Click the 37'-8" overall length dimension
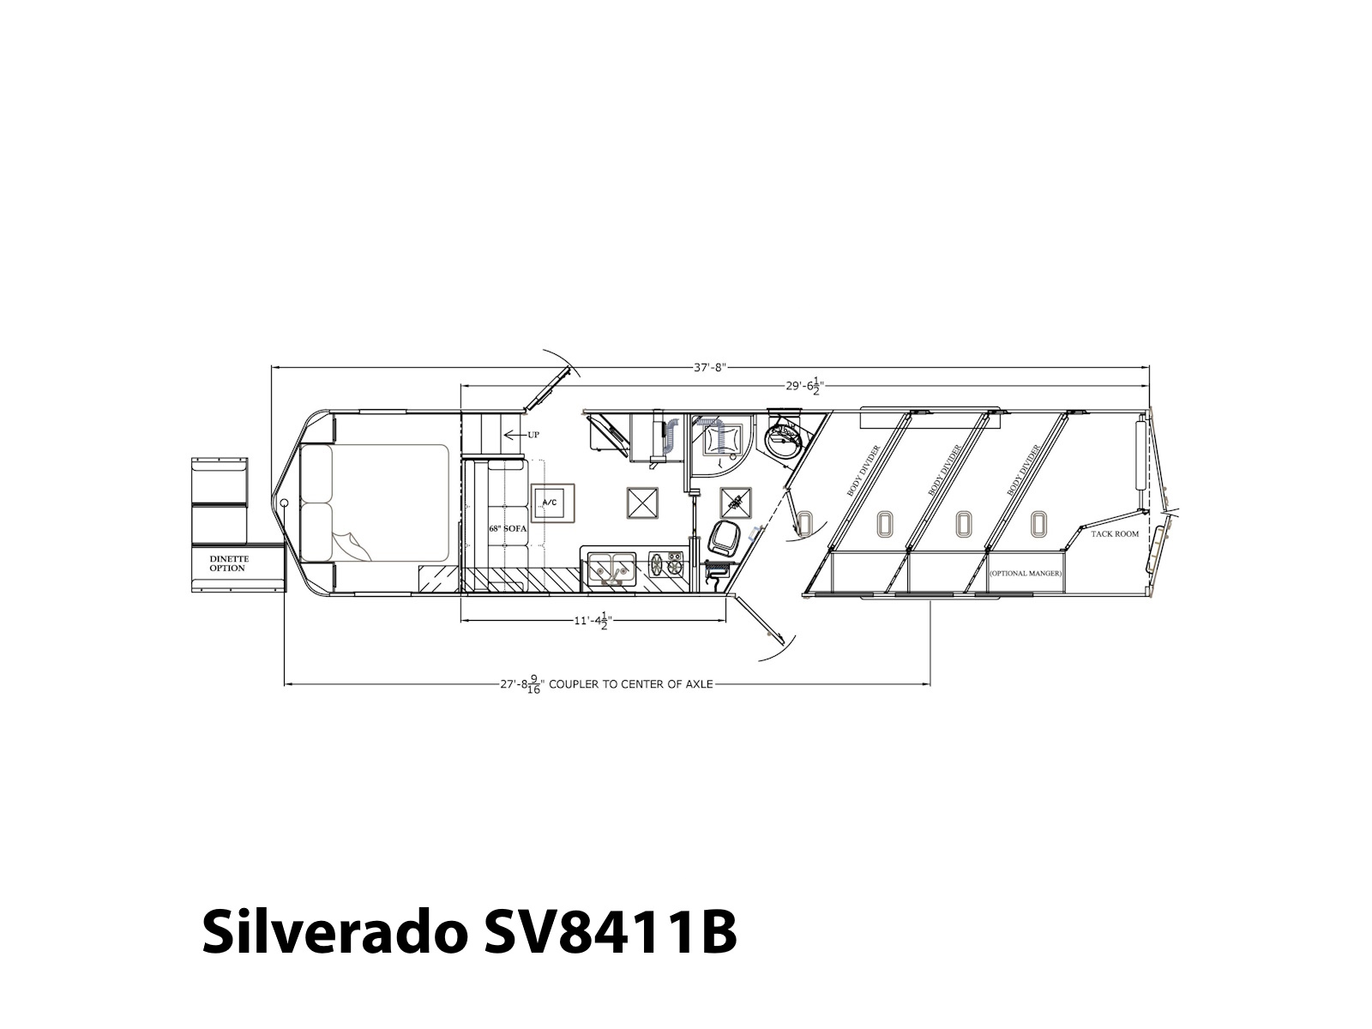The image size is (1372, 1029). click(x=710, y=367)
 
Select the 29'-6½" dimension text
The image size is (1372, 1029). click(x=805, y=386)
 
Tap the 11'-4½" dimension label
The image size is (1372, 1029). click(x=593, y=621)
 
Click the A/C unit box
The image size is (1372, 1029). click(x=550, y=503)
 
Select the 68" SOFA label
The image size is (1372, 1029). click(x=508, y=528)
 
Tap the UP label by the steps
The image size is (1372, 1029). click(x=533, y=435)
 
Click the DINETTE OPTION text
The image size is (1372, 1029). click(x=229, y=563)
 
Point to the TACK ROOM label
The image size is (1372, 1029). click(x=1115, y=534)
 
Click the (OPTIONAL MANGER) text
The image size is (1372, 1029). click(x=1025, y=573)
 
